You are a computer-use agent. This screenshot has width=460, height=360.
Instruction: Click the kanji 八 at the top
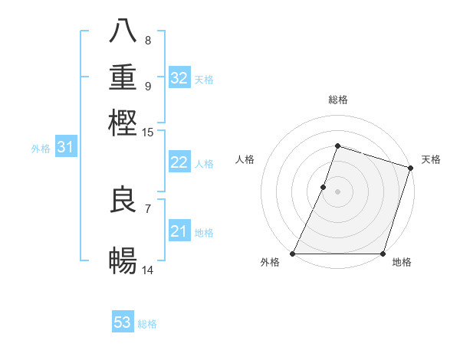tap(123, 32)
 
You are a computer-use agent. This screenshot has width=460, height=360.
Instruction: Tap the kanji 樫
tap(123, 122)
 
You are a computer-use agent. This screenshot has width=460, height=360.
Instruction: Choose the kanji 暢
tap(123, 261)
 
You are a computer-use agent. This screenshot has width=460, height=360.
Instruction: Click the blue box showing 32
tap(179, 78)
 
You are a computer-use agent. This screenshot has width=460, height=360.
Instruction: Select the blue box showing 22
tap(179, 162)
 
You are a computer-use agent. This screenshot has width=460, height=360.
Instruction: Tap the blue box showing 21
tap(179, 231)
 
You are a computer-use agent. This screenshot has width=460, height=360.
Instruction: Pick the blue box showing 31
tap(65, 148)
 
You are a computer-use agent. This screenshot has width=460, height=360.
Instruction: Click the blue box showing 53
tap(123, 322)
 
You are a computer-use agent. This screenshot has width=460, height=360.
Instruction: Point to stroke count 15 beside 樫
tap(148, 133)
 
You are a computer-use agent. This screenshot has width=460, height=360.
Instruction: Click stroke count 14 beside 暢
tap(148, 270)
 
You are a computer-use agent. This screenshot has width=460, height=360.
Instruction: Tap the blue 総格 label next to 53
tap(147, 324)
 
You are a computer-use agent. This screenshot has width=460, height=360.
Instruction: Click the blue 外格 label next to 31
tap(41, 149)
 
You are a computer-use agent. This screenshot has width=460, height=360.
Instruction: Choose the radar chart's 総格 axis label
tap(337, 100)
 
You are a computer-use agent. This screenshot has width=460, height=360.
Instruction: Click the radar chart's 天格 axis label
tap(431, 159)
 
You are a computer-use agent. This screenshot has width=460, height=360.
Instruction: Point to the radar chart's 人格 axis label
tap(245, 159)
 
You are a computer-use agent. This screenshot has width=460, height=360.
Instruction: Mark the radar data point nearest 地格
tap(383, 253)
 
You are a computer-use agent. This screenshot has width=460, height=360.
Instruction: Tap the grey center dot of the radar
tap(337, 191)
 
